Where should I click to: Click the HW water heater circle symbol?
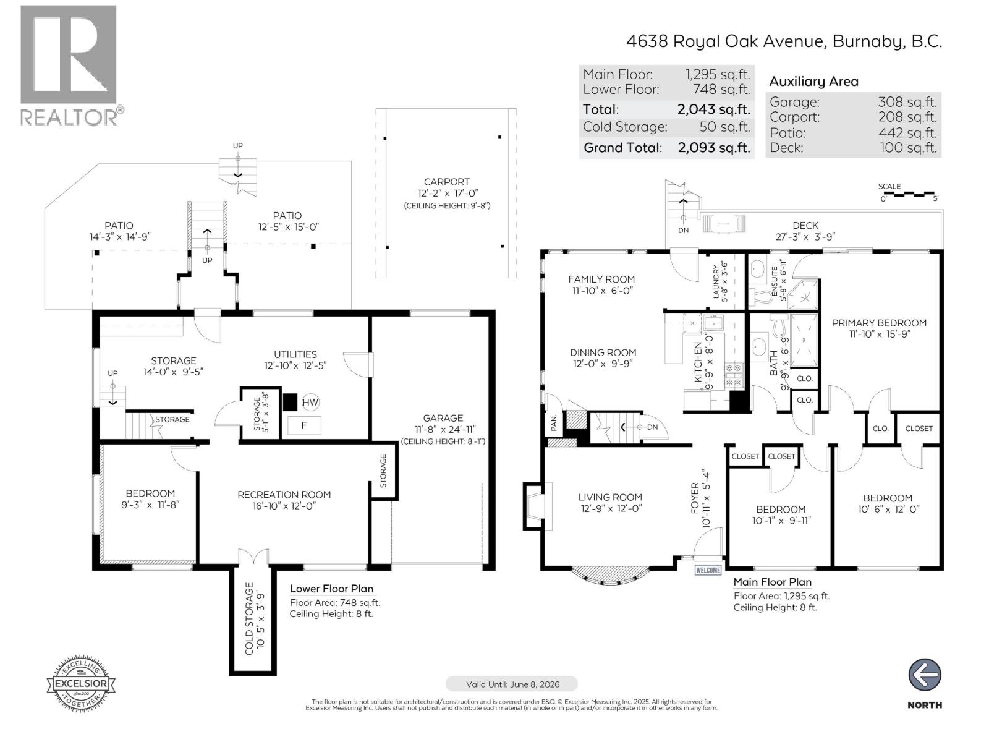click(310, 403)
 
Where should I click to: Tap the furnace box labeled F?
click(303, 425)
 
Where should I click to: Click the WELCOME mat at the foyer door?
click(708, 570)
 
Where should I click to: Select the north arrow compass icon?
click(925, 675)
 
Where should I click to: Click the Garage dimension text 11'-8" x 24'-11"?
click(443, 429)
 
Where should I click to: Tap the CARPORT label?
click(446, 182)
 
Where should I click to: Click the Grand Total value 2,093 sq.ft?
click(714, 148)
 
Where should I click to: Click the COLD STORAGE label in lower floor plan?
click(249, 618)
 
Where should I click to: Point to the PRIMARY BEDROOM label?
click(878, 323)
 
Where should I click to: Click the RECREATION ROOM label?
click(284, 495)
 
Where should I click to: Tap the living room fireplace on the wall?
click(534, 506)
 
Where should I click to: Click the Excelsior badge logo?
click(81, 683)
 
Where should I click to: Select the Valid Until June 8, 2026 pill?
click(512, 684)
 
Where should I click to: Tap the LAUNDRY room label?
click(716, 283)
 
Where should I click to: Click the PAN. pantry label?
click(554, 422)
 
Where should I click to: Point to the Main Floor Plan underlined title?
click(772, 582)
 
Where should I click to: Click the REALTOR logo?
click(69, 66)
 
